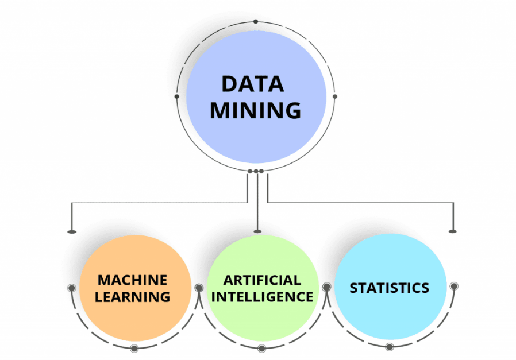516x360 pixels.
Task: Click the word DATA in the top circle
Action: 252,84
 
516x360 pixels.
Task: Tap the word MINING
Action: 255,110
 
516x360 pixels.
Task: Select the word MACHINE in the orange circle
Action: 132,280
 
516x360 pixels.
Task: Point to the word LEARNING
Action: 132,297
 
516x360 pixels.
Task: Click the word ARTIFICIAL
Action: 262,280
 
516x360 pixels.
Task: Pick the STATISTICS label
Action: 389,288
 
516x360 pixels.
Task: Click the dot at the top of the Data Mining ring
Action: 256,22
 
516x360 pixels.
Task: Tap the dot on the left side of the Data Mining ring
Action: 176,96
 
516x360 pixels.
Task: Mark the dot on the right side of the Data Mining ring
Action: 335,96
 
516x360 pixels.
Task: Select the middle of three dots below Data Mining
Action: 256,171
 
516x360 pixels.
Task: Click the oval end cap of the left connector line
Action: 72,231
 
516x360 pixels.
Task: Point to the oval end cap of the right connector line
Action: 453,231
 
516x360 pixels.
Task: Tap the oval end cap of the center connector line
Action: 257,231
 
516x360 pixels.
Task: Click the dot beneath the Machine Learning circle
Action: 134,347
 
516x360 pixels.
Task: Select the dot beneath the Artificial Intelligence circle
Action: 262,347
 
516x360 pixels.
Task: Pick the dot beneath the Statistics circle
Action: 390,346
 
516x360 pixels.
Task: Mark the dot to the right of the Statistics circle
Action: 454,285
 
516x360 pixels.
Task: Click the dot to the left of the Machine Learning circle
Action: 71,288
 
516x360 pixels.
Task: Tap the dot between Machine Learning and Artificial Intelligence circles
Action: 199,288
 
